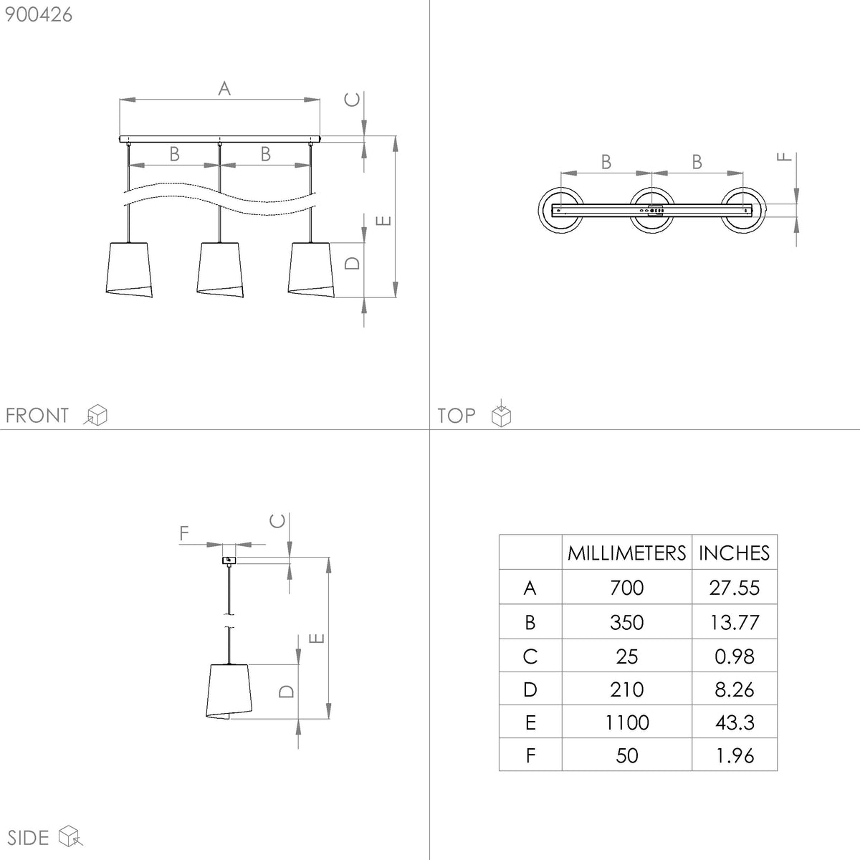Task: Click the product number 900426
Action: point(39,15)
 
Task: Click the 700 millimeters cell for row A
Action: point(626,588)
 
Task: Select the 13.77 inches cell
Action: point(734,622)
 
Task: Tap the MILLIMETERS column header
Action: point(626,553)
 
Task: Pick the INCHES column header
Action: point(734,553)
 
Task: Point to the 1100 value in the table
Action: point(626,722)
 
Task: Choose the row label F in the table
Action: point(530,755)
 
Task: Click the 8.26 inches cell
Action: point(734,689)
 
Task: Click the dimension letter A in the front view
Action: point(224,88)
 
